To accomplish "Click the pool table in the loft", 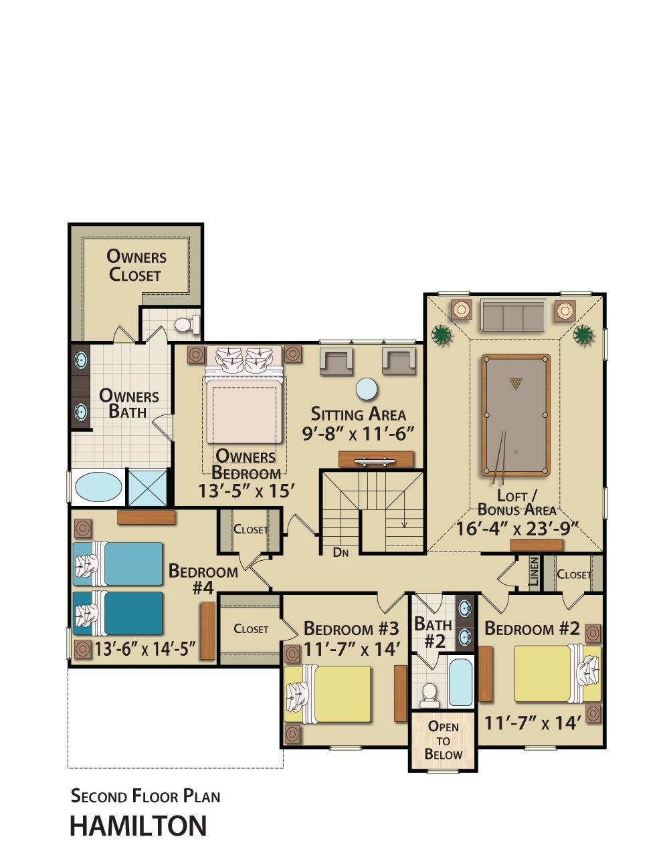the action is click(x=516, y=415).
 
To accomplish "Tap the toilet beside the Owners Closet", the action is click(x=188, y=324).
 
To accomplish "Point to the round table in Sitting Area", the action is click(x=367, y=389).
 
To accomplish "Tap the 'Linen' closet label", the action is click(x=535, y=572).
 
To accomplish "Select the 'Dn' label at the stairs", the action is click(x=341, y=552).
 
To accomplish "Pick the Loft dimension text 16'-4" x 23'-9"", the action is click(x=517, y=528).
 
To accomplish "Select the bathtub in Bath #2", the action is click(x=461, y=682).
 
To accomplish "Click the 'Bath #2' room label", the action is click(x=434, y=632).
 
